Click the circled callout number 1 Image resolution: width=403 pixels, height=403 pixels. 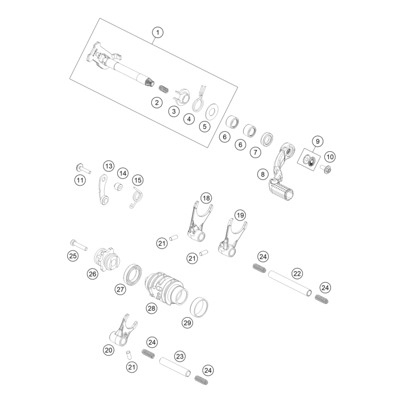[x=157, y=33]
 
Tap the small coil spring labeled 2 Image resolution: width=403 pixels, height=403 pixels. [x=163, y=89]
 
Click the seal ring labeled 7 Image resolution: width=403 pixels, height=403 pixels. [x=267, y=139]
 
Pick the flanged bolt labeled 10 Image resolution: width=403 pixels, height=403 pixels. [x=325, y=169]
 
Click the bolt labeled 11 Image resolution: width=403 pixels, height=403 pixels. [x=84, y=168]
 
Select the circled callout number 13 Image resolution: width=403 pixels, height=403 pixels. [x=108, y=166]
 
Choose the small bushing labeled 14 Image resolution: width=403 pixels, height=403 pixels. [x=118, y=187]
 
